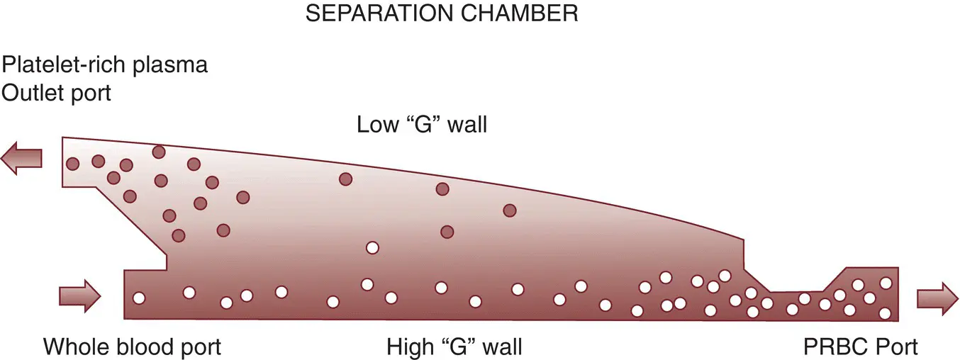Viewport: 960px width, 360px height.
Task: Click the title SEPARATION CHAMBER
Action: pyautogui.click(x=442, y=13)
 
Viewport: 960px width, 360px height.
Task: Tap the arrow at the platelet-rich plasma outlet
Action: pyautogui.click(x=22, y=157)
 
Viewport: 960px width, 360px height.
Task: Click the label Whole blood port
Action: pyautogui.click(x=133, y=347)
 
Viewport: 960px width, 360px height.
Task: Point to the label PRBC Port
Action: pyautogui.click(x=861, y=347)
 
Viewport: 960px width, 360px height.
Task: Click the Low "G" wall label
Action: pyautogui.click(x=423, y=125)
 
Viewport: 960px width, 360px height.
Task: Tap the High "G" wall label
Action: pyautogui.click(x=454, y=347)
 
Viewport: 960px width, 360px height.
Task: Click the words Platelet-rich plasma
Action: pyautogui.click(x=106, y=65)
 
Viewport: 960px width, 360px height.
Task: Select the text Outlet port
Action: pyautogui.click(x=57, y=93)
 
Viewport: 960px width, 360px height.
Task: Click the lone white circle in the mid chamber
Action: pyautogui.click(x=372, y=248)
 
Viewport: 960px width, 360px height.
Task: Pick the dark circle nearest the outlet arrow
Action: pyautogui.click(x=72, y=164)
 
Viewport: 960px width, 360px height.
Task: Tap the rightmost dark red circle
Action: pyautogui.click(x=509, y=210)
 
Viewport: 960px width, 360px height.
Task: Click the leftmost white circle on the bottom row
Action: pyautogui.click(x=139, y=298)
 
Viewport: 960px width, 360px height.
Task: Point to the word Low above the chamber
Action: pyautogui.click(x=377, y=125)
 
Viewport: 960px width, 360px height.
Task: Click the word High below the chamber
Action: pyautogui.click(x=411, y=347)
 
